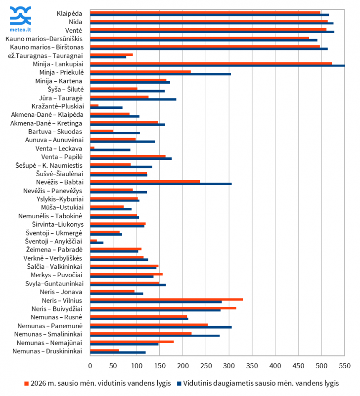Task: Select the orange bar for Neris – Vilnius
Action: (166, 299)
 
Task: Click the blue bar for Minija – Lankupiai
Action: (218, 65)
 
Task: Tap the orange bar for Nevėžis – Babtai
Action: (145, 181)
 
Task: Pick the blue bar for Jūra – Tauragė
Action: (133, 99)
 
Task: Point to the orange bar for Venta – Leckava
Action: (92, 148)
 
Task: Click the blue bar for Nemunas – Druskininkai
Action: (118, 352)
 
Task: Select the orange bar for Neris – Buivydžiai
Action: (163, 308)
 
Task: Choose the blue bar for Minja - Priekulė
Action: (160, 74)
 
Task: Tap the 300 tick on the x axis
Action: (229, 365)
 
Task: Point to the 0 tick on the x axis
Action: (90, 365)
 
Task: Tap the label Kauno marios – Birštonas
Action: (47, 47)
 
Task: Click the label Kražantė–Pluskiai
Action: (57, 106)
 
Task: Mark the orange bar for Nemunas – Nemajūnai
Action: (132, 342)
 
